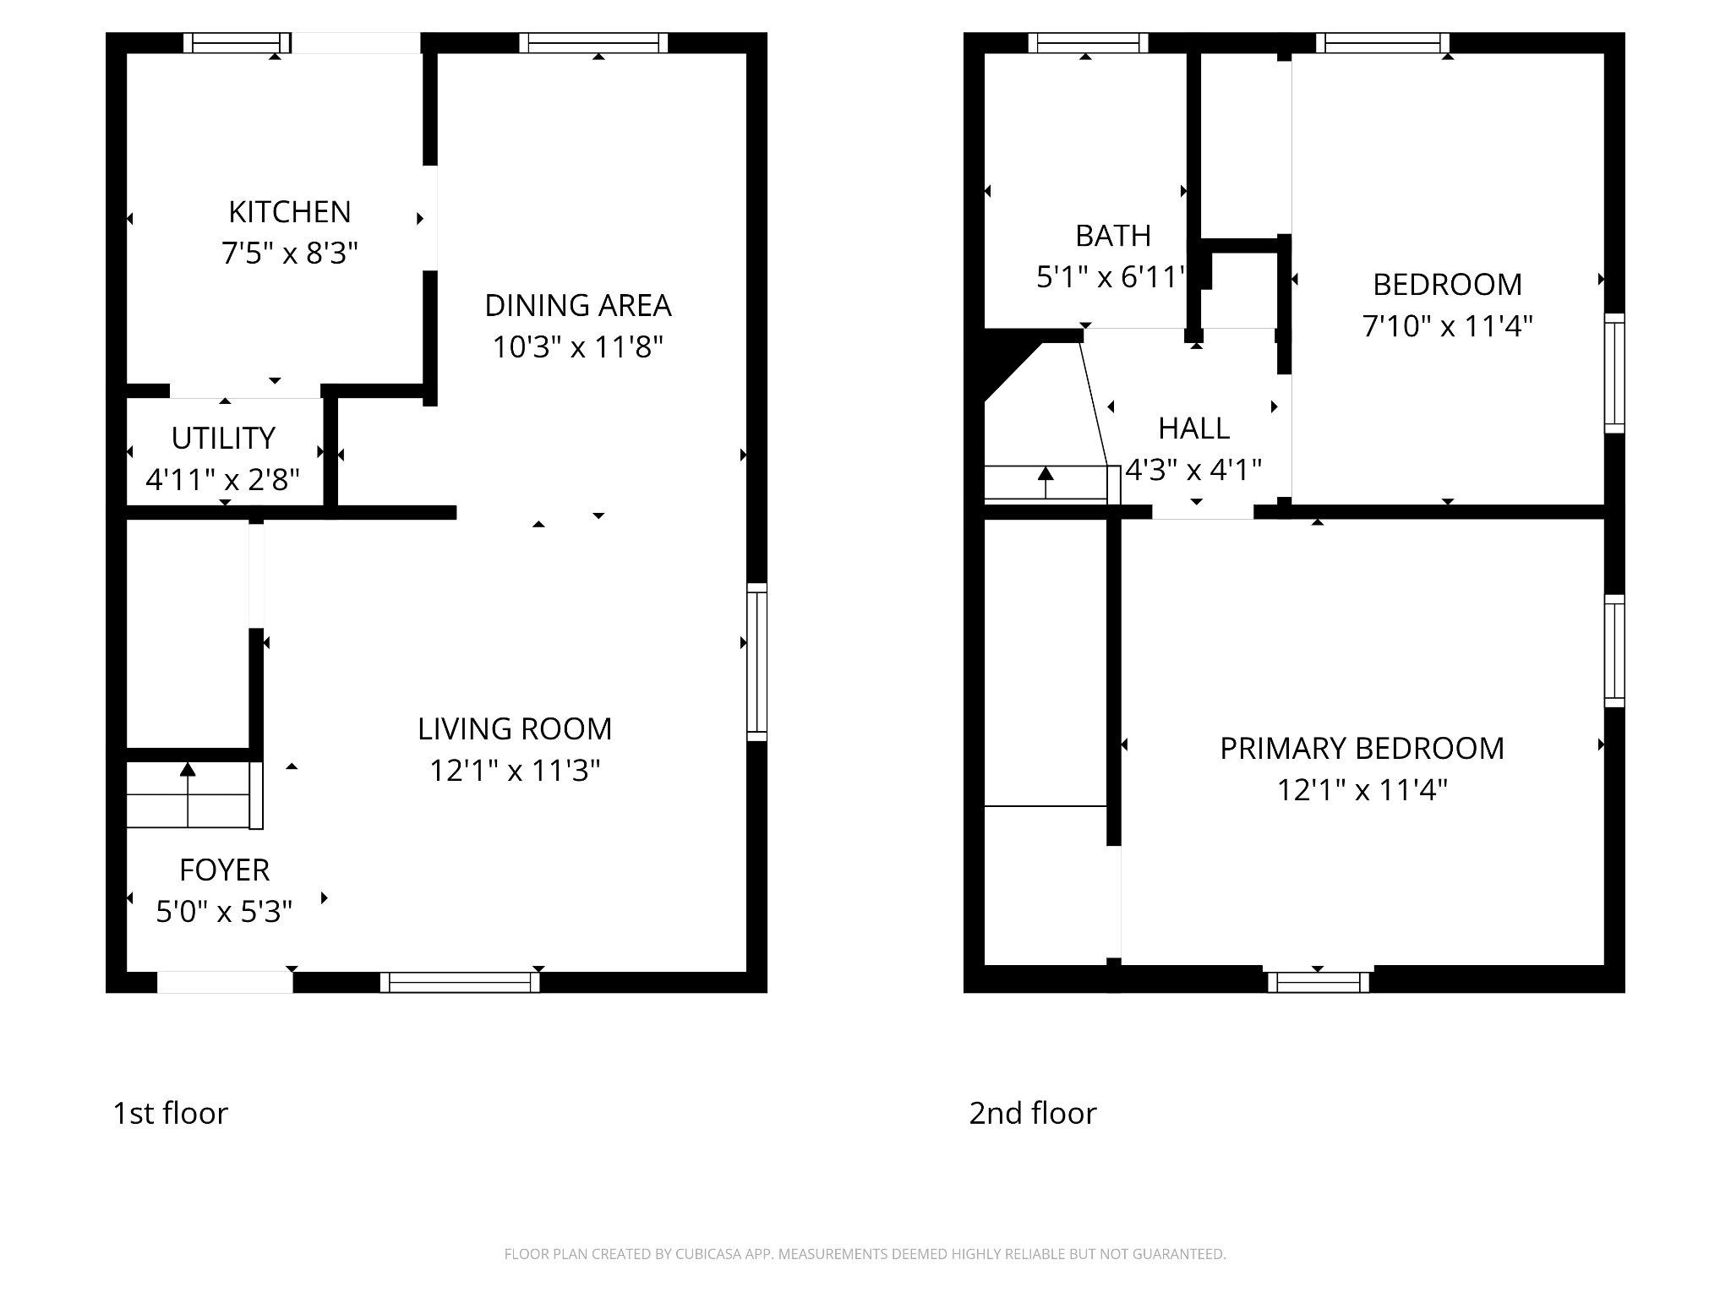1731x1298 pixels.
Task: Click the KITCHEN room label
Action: tap(289, 212)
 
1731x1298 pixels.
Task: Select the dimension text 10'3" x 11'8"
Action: tap(577, 347)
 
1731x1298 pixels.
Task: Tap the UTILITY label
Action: tap(223, 439)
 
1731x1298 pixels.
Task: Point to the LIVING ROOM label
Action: tap(514, 729)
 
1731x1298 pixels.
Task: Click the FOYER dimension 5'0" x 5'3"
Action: tap(224, 912)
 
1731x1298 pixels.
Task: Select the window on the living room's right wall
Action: tap(756, 662)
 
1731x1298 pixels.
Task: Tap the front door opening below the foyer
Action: tap(225, 982)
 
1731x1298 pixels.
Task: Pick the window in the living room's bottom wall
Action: tap(460, 982)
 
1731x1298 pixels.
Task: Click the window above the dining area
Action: tap(593, 43)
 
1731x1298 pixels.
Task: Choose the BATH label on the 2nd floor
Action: tap(1112, 236)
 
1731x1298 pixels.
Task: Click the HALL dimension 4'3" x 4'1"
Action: tap(1193, 470)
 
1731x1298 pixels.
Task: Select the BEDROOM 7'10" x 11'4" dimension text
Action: tap(1447, 326)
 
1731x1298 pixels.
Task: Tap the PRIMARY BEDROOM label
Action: tap(1362, 749)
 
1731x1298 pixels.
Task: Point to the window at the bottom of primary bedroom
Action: tap(1319, 982)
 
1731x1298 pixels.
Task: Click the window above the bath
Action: tap(1088, 43)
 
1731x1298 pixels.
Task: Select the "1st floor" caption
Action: tap(170, 1113)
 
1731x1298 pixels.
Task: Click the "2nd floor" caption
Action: tap(1032, 1113)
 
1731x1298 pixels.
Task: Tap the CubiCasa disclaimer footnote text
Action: tap(865, 1254)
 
